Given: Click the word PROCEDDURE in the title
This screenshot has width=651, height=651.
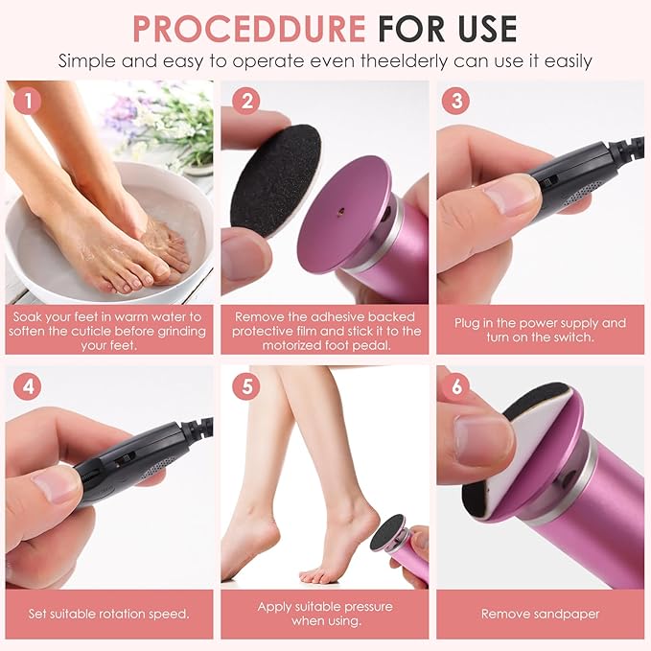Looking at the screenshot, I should [248, 28].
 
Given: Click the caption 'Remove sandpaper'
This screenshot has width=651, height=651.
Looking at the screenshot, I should [540, 614].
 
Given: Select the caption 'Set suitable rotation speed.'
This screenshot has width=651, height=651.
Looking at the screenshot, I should [107, 614].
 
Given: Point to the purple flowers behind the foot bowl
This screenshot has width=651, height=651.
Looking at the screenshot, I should [125, 115].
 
